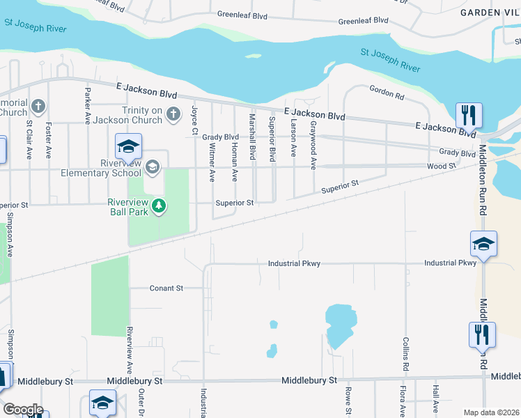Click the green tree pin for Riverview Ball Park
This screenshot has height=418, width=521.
click(160, 206)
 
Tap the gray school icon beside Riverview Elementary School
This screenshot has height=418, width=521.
click(153, 167)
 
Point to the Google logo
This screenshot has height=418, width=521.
click(22, 410)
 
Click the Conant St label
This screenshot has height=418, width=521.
click(166, 288)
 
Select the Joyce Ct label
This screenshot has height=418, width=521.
click(195, 121)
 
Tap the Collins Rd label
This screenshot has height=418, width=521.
click(404, 354)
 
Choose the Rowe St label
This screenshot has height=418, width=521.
click(347, 395)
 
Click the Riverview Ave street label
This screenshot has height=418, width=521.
click(130, 350)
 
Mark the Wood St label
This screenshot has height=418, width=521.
click(441, 167)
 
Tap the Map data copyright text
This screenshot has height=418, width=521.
click(491, 412)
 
